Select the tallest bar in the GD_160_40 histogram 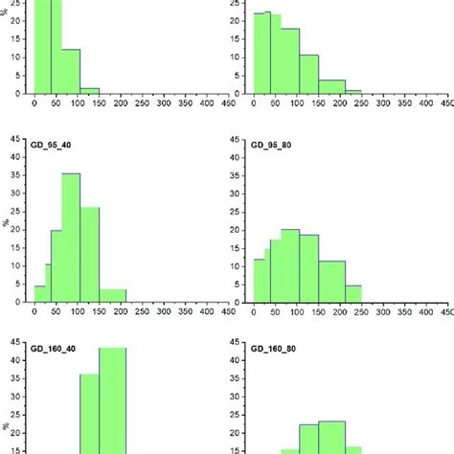(x=113, y=402)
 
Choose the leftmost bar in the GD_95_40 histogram (x=40, y=293)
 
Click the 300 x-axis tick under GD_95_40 (x=164, y=311)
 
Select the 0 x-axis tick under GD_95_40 (x=34, y=311)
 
